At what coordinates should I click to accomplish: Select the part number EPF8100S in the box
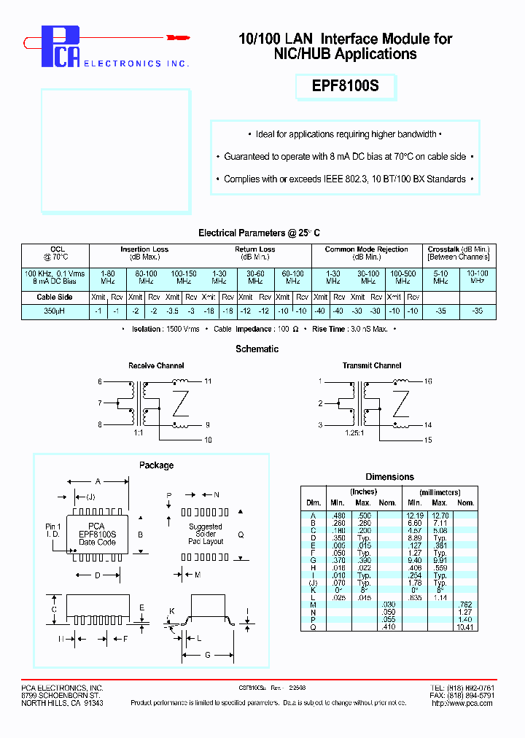(346, 87)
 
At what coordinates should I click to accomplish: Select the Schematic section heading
(257, 349)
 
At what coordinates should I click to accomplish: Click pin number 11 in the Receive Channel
(208, 381)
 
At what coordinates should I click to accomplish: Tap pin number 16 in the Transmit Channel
(429, 381)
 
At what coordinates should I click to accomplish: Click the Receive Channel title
(156, 365)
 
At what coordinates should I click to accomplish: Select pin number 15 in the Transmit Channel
(429, 440)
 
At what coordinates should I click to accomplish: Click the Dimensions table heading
(389, 476)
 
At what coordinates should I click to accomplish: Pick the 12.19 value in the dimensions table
(415, 515)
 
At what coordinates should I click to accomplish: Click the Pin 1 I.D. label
(53, 530)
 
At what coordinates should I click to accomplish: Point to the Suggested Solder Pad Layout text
(206, 534)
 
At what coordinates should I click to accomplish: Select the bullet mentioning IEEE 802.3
(345, 179)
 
